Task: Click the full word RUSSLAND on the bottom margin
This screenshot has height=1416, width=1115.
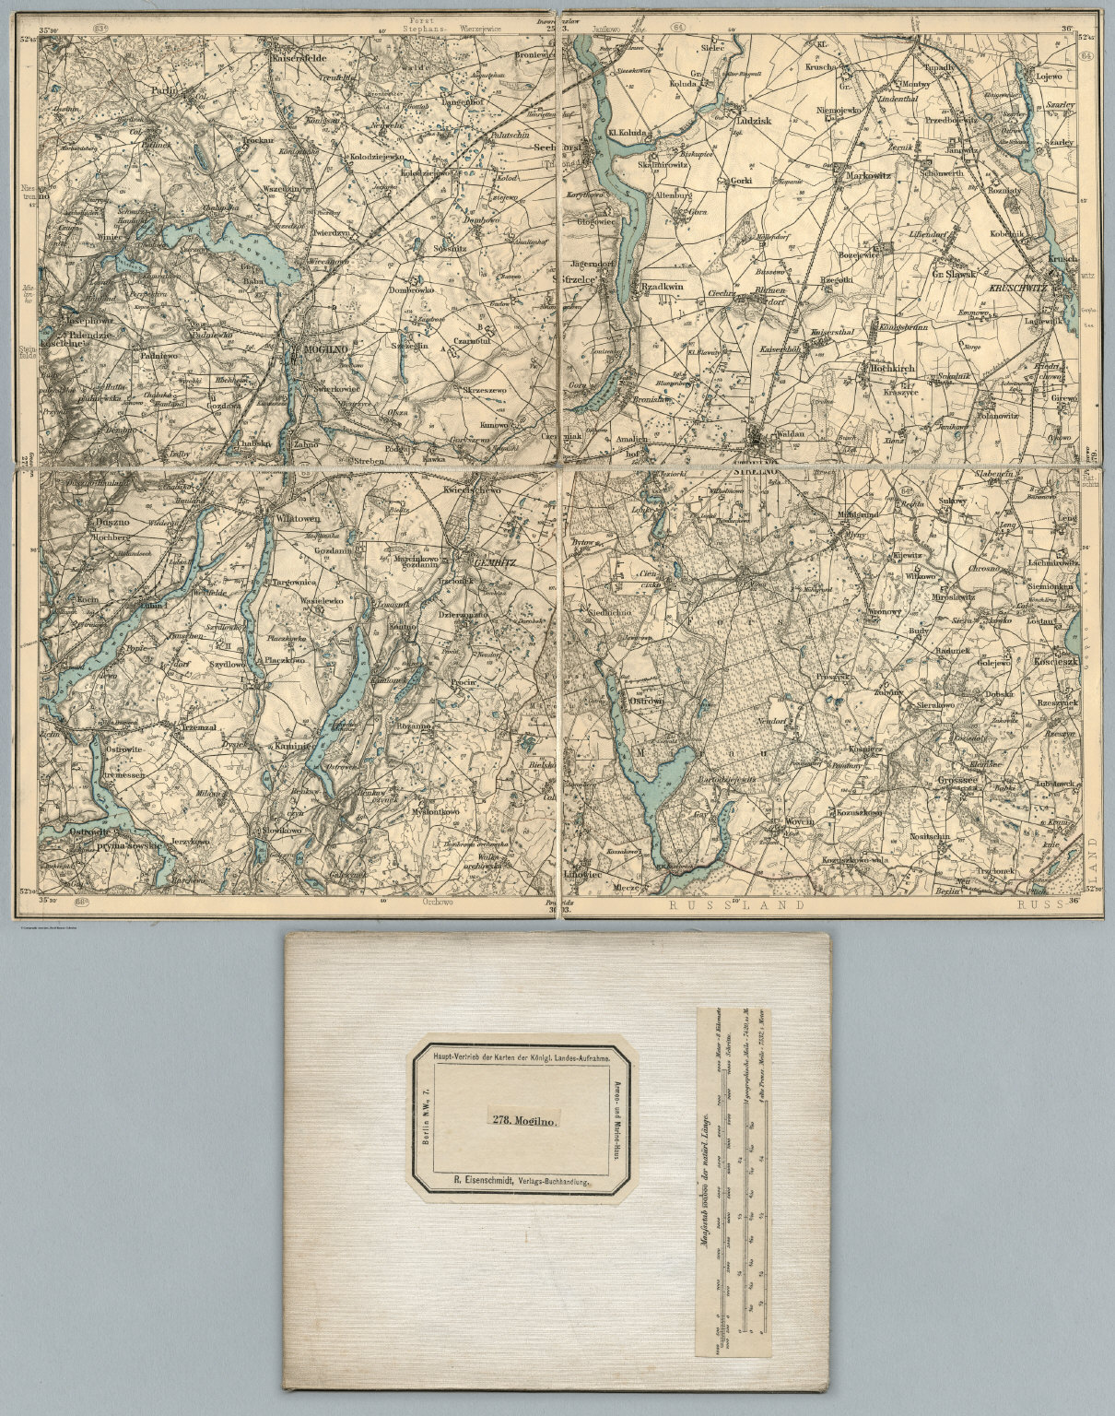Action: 737,905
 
